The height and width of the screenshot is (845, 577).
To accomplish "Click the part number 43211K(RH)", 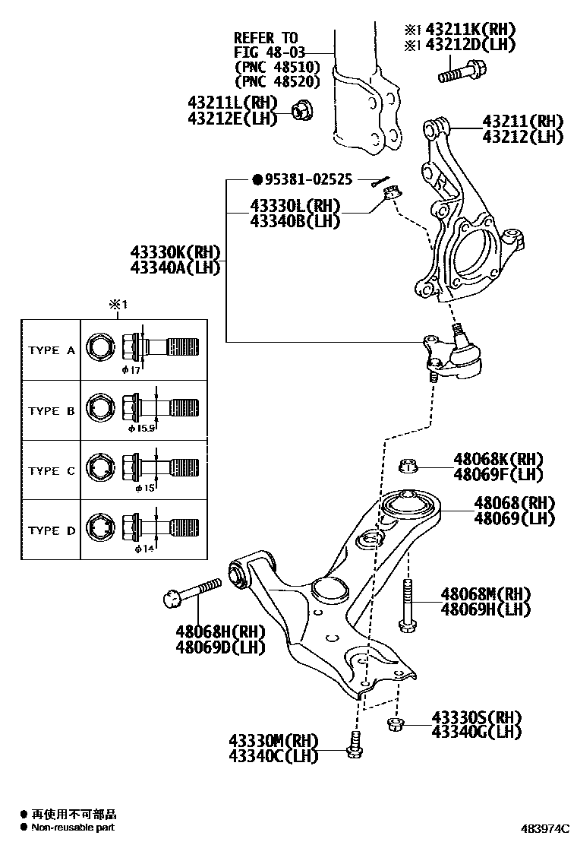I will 470,30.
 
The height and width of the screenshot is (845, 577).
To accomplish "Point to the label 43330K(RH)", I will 175,252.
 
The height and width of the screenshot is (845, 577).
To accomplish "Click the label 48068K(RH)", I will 499,459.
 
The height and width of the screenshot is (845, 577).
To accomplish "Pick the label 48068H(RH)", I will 221,632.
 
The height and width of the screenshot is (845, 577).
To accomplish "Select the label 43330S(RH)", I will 476,717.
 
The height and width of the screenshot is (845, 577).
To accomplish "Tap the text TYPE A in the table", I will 52,350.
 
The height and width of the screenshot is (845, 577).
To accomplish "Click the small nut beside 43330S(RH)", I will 395,723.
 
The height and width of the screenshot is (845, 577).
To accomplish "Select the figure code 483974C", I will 546,828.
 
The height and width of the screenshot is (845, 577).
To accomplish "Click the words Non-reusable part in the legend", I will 73,827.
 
